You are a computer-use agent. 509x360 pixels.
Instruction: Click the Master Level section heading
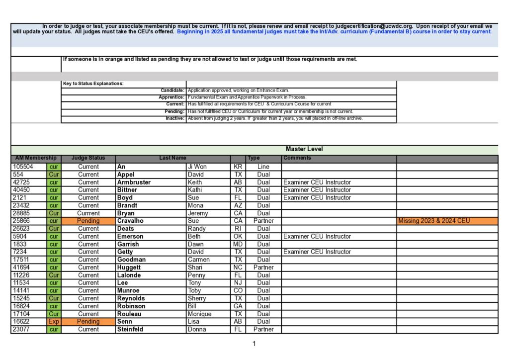click(x=304, y=149)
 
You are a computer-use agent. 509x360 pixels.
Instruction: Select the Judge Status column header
click(x=88, y=158)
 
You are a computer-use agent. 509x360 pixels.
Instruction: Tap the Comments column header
click(x=298, y=158)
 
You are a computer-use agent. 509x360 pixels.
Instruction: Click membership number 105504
click(x=23, y=167)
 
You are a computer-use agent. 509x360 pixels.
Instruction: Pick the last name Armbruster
click(x=134, y=182)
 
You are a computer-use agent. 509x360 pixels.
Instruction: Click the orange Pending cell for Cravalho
click(x=88, y=221)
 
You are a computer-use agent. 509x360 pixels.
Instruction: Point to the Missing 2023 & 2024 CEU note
click(x=433, y=221)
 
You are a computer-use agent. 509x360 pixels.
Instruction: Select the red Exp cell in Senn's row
click(x=54, y=322)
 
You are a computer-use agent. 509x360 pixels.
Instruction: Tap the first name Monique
click(x=199, y=314)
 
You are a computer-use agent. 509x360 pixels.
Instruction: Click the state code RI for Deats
click(x=238, y=229)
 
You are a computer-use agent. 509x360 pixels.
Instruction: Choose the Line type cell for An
click(x=263, y=167)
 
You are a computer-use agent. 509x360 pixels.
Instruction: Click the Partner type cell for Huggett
click(x=263, y=268)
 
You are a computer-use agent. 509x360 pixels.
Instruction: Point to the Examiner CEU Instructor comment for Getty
click(x=317, y=252)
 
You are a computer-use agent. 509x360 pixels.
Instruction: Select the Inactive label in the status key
click(x=175, y=118)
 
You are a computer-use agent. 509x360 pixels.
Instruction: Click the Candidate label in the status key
click(x=172, y=90)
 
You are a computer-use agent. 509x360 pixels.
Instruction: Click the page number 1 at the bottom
click(x=254, y=344)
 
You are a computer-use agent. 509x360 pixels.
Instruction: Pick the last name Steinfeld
click(x=130, y=329)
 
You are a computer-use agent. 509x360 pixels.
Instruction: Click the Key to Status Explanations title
click(x=93, y=84)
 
